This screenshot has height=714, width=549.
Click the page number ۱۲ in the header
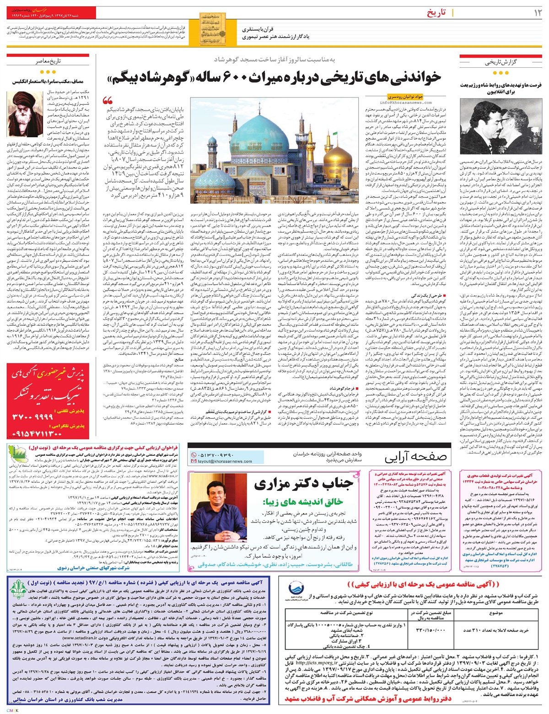tap(536, 13)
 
